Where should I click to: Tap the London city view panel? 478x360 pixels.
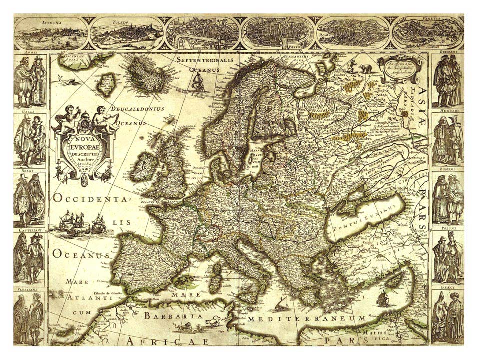coord(203,33)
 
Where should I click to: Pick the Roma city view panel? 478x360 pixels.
coord(353,33)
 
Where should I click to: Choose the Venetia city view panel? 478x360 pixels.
coord(428,33)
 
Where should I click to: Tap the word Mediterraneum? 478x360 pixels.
coord(308,318)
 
